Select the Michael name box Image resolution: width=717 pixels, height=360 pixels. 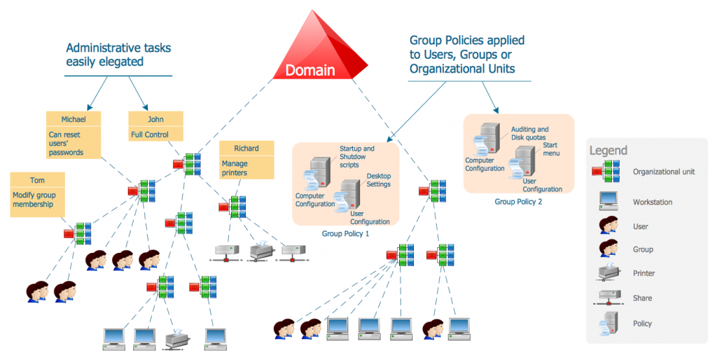point(73,119)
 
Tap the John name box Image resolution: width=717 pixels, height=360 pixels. point(155,119)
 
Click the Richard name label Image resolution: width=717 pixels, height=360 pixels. point(246,148)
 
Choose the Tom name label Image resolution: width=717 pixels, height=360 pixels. point(38,179)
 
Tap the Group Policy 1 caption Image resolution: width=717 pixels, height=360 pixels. point(345,233)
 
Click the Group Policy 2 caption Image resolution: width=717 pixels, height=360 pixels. point(518,202)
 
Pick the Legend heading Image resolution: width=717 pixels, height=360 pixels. point(608,151)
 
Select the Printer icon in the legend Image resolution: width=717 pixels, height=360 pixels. point(606,273)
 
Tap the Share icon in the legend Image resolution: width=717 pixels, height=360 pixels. point(606,298)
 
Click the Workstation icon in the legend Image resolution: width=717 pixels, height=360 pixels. point(606,202)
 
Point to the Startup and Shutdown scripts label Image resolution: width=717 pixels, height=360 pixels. point(357,157)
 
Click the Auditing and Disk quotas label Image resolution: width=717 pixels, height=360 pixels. point(530,134)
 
